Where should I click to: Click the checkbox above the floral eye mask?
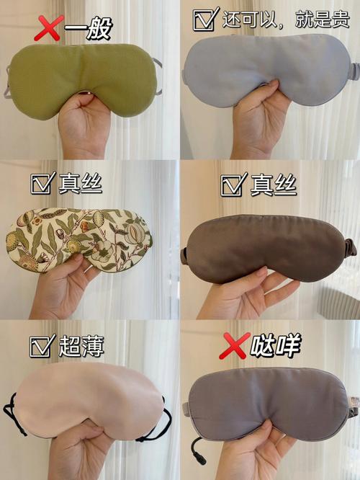tap(42, 184)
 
